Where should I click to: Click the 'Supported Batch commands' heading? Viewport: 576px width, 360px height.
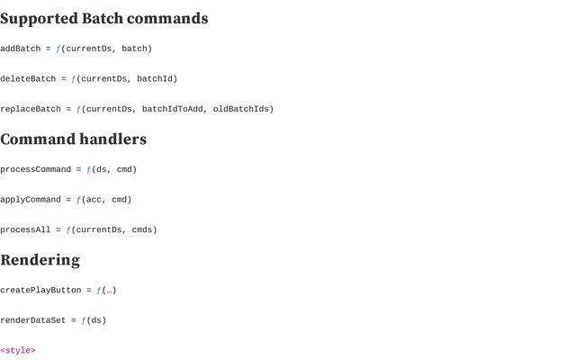coord(104,19)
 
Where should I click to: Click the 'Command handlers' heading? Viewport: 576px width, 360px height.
coord(73,139)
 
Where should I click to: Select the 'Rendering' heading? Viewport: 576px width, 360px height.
coord(40,260)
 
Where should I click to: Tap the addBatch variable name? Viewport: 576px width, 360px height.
coord(20,49)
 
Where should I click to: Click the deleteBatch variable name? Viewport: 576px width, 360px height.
coord(28,79)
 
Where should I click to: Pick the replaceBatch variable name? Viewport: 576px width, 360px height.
coord(31,109)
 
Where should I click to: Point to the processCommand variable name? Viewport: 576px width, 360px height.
coord(35,169)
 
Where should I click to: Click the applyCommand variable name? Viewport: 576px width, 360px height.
coord(31,200)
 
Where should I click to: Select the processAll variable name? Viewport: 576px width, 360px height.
coord(25,229)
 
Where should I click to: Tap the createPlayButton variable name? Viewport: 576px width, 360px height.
coord(40,290)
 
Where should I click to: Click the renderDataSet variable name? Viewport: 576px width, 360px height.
coord(32,320)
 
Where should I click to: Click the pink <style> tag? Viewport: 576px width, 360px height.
coord(18,350)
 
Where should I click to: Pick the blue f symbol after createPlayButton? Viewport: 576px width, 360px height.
coord(99,290)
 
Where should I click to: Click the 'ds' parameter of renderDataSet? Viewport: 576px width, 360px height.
coord(95,320)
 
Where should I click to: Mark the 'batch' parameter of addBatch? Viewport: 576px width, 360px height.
coord(134,49)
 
